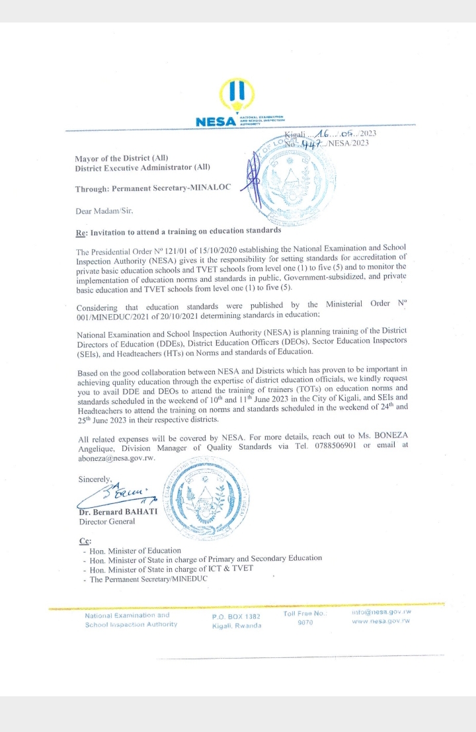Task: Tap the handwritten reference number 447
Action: (311, 144)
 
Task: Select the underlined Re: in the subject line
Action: (82, 231)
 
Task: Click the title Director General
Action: (107, 522)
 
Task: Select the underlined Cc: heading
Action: (85, 541)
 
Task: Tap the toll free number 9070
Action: (305, 623)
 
